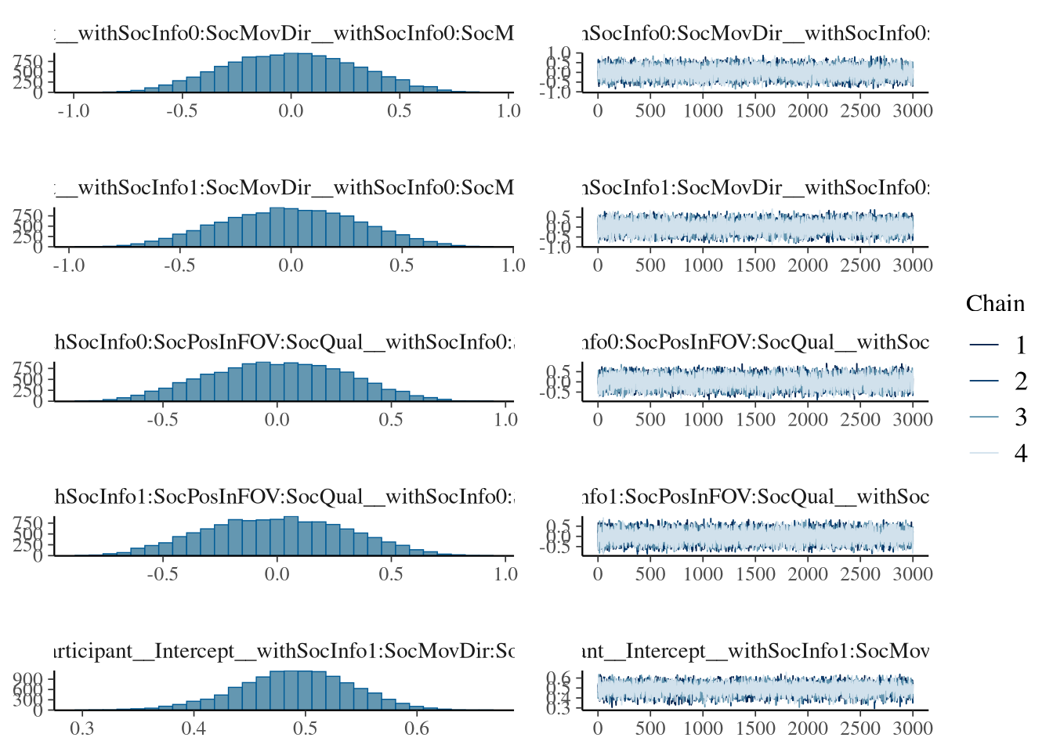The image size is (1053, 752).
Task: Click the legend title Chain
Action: pos(995,304)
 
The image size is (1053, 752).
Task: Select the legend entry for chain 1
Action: pos(1020,345)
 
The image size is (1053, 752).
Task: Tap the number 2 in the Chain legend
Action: pos(1020,381)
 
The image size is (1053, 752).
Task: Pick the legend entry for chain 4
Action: pos(1020,453)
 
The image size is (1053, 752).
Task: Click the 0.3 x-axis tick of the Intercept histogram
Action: pos(82,728)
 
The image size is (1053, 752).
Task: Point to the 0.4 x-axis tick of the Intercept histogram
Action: pos(194,728)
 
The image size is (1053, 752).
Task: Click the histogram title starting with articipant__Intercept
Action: pos(284,651)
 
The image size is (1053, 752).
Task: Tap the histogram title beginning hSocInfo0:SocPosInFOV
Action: pos(284,342)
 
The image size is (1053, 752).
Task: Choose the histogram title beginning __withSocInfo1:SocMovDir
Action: pos(284,188)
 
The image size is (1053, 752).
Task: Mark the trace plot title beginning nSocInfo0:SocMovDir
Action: pos(756,34)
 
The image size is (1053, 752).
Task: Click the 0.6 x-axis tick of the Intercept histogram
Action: pos(417,728)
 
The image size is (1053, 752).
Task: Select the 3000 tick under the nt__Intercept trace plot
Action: pos(913,728)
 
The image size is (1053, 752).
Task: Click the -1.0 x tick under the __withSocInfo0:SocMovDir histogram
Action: pos(74,111)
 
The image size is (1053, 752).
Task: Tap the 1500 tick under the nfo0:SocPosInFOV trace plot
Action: pos(755,420)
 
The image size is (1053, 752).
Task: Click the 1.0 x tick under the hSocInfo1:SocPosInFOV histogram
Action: pos(505,574)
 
